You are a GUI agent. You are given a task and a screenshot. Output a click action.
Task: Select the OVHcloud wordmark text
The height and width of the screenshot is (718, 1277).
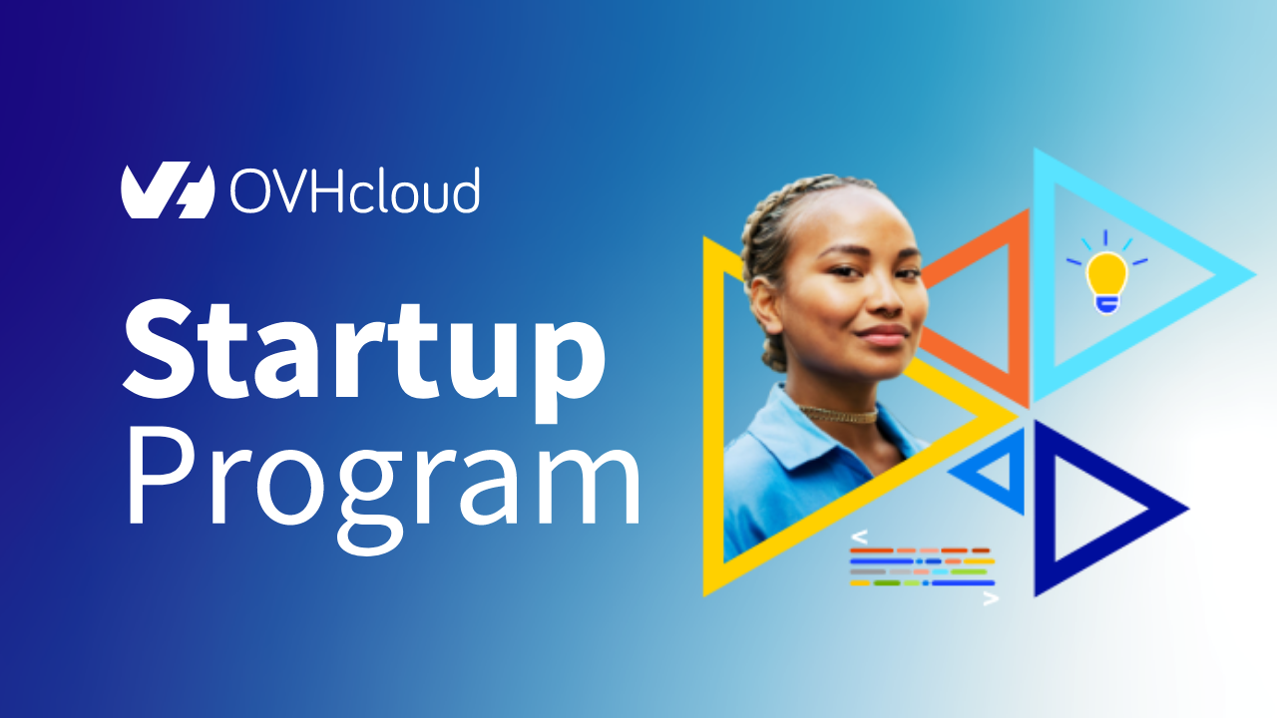[354, 191]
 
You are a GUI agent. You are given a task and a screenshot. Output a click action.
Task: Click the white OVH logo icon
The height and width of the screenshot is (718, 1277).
[168, 190]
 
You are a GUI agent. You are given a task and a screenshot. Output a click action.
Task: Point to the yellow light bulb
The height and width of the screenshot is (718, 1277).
[1106, 274]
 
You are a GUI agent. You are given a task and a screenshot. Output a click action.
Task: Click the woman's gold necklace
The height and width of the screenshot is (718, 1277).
[840, 413]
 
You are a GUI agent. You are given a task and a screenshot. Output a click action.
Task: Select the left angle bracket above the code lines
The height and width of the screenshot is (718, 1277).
[859, 536]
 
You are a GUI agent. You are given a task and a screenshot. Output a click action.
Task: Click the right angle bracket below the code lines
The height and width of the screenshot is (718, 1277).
[990, 599]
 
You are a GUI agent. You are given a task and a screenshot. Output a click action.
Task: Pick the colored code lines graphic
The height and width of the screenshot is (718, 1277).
[923, 566]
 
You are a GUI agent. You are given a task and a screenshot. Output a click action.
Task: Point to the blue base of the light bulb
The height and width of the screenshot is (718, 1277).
[1106, 303]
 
